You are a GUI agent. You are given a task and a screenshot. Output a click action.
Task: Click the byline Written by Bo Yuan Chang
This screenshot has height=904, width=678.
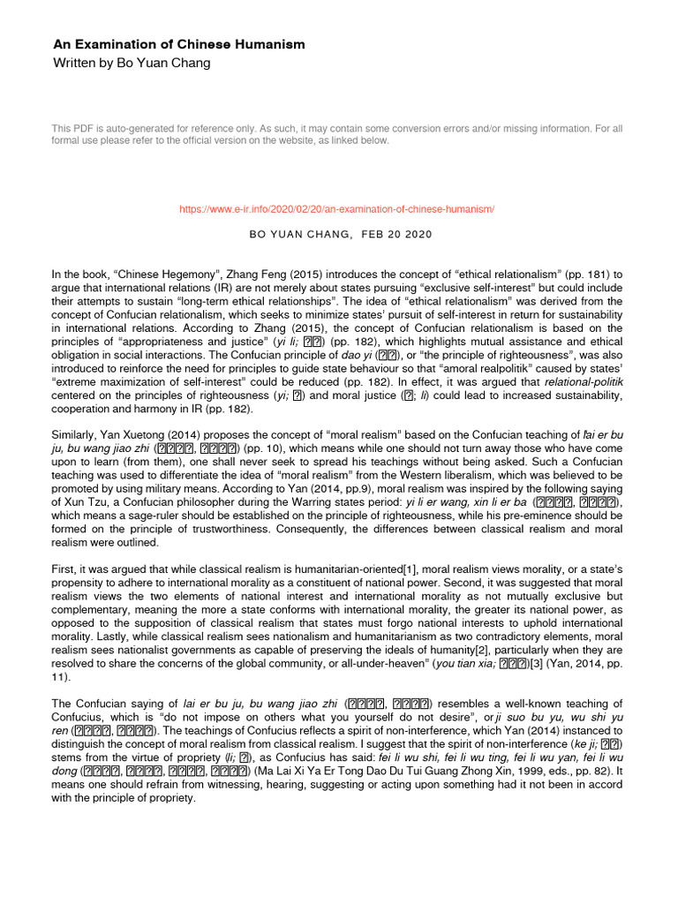pyautogui.click(x=132, y=64)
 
